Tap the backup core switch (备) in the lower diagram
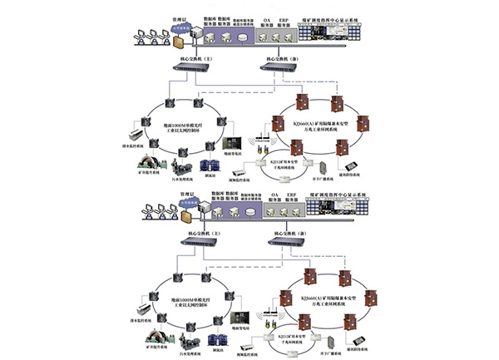[x=284, y=242]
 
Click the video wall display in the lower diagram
[x=348, y=210]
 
